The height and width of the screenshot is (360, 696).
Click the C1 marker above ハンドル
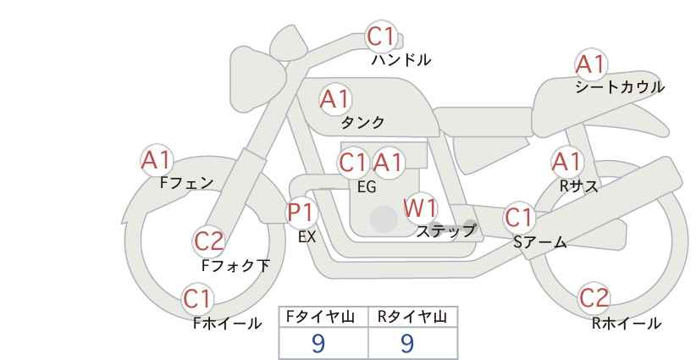point(381,37)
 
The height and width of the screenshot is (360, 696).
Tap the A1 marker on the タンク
point(334,99)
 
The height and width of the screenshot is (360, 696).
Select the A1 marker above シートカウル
point(590,64)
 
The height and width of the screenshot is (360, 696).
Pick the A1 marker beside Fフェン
point(156,159)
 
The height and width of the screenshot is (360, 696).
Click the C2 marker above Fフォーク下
point(208,241)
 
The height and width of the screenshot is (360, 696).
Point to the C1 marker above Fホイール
point(199,299)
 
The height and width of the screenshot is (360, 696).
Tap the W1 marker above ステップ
point(420,208)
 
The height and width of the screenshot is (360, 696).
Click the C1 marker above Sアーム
point(519,218)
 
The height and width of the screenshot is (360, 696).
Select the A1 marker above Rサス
point(566,161)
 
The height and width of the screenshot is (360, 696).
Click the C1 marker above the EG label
point(353,162)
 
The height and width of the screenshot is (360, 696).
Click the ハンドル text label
point(401,60)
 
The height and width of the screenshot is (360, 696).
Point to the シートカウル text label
point(619,87)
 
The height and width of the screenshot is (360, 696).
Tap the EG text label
point(367,187)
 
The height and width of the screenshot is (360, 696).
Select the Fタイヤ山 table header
point(323,317)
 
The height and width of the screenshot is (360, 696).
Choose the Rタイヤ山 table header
point(412,317)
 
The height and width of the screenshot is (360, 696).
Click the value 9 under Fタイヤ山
point(318,342)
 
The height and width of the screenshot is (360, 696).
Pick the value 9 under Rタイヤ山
point(407,342)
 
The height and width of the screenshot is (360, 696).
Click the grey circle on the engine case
point(384,219)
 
